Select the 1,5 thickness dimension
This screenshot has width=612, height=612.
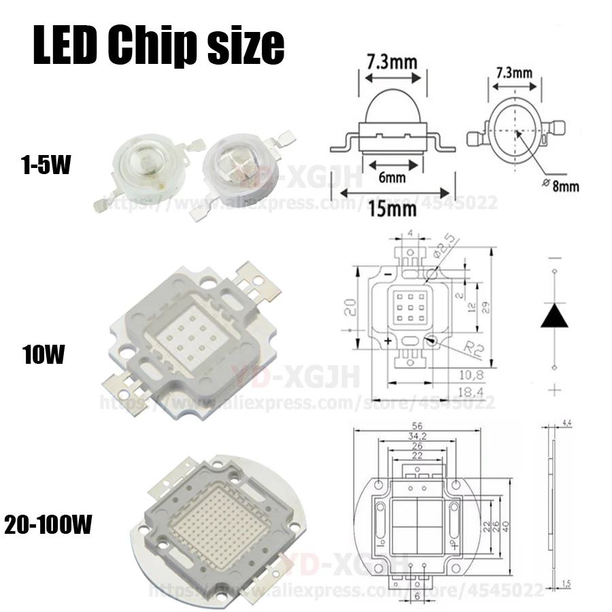[566, 583]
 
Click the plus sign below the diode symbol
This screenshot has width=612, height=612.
[554, 390]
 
